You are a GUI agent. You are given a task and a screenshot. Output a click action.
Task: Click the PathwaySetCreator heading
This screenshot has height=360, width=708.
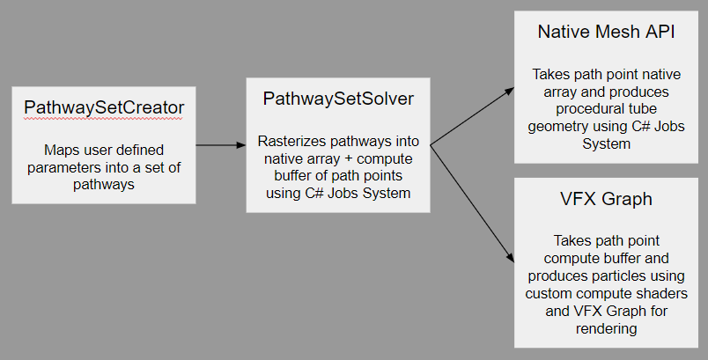[103, 108]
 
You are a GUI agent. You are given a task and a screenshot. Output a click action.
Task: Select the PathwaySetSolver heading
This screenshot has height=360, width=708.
[337, 98]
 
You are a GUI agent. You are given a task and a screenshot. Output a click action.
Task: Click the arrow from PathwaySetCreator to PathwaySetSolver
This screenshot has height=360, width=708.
[220, 144]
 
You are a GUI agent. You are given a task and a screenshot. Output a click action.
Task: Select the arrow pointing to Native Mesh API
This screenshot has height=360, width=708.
[472, 114]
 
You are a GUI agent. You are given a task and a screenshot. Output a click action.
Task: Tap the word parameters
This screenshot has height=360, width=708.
[63, 165]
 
